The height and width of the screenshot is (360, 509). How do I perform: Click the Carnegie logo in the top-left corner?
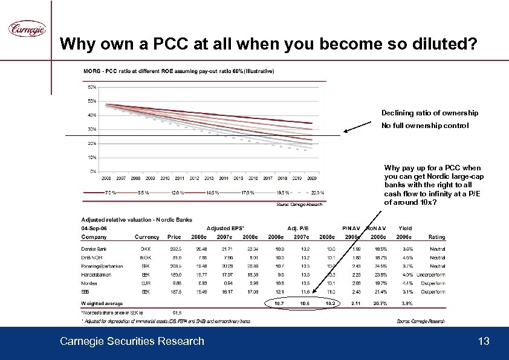(26, 28)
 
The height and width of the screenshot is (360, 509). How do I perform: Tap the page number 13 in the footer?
(483, 342)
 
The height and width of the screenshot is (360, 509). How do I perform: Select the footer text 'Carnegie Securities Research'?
(132, 342)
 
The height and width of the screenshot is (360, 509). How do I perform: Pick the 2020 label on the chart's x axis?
(311, 179)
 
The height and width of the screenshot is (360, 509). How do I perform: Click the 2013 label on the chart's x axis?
(209, 179)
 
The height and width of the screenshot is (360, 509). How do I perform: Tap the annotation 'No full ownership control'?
(424, 126)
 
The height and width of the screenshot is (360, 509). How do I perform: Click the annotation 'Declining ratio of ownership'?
(429, 113)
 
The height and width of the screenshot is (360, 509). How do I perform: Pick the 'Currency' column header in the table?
(147, 237)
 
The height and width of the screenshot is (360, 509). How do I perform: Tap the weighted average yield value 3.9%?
(391, 303)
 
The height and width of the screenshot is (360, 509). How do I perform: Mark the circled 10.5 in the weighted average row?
(305, 303)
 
